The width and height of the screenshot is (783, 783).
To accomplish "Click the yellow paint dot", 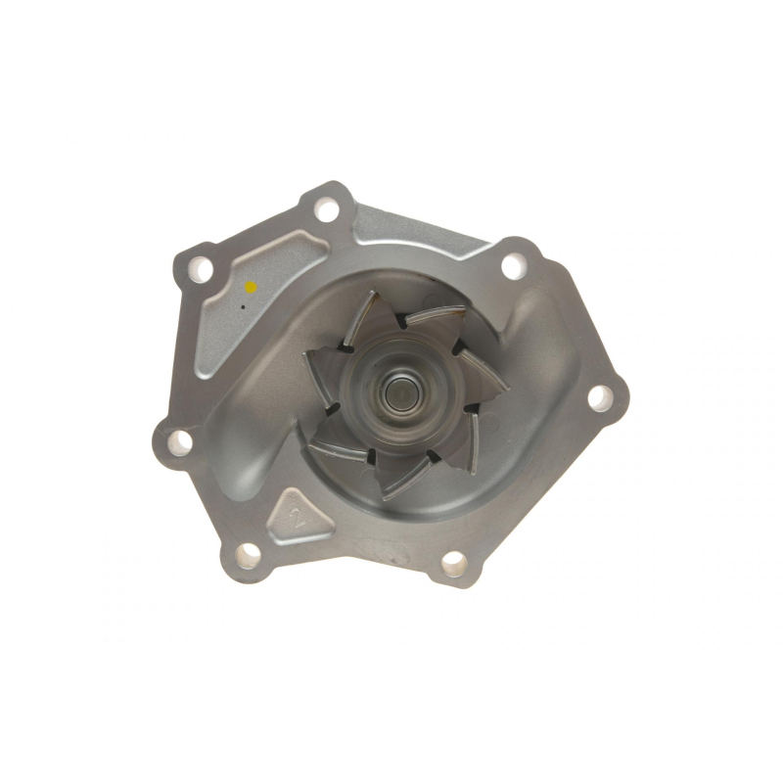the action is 250,287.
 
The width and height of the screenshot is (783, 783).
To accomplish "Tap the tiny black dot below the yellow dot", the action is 243,307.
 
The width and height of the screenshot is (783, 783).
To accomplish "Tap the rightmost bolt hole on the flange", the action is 601,397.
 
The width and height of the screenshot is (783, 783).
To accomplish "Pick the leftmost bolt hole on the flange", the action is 179,441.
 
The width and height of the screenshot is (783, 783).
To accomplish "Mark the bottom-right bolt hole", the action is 454,564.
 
